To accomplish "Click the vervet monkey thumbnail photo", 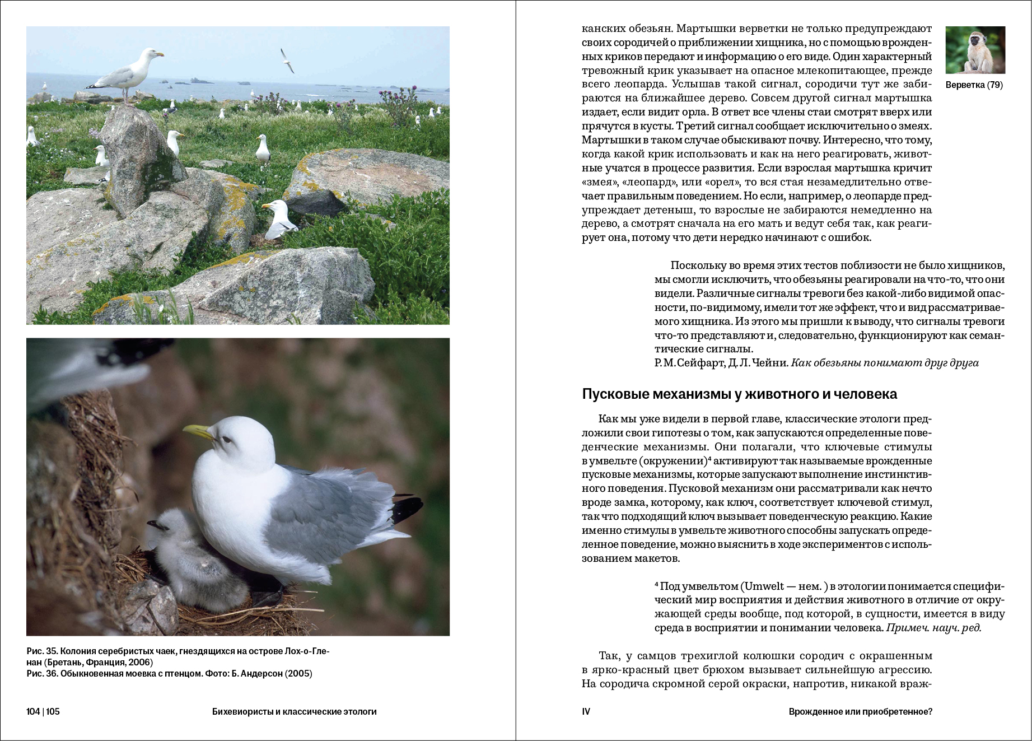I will coord(975,50).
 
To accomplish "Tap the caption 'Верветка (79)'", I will coord(974,85).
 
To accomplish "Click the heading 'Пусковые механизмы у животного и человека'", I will coord(739,394).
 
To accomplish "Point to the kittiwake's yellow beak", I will coord(198,431).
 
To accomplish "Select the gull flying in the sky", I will coord(287,60).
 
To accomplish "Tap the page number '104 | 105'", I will coord(43,712).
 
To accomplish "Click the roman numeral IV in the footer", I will coord(586,712).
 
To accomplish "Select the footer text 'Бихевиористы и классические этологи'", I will coord(294,712).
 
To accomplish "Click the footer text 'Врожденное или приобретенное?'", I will coord(860,712).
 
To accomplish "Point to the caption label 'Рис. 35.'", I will coord(41,651).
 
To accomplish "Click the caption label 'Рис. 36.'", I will coord(41,673).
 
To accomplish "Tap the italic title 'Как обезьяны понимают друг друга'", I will coord(885,363).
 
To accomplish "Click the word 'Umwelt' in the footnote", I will coord(764,586).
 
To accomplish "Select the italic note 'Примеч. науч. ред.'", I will coord(933,628).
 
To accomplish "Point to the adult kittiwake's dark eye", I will coord(226,440).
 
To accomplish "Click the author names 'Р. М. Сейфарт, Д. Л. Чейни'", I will coord(721,363).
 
